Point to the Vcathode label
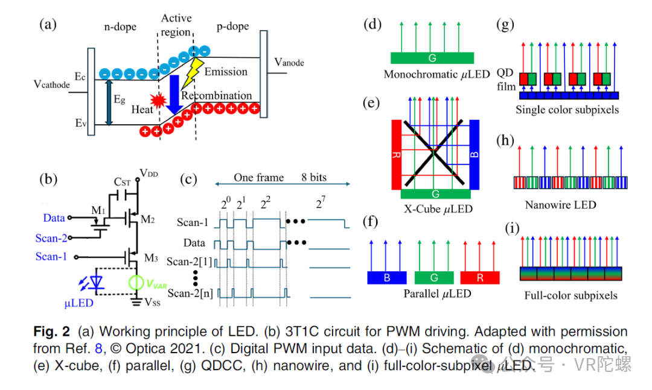52,84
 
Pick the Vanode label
289,62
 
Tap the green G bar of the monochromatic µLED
432,58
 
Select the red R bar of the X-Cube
397,153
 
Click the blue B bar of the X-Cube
474,153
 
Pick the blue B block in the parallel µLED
386,277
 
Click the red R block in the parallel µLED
480,277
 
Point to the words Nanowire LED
560,205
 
